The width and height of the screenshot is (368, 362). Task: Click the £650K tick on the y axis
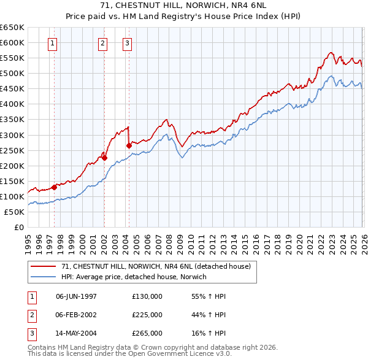click(12, 28)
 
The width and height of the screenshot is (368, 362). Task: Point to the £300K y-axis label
click(12, 135)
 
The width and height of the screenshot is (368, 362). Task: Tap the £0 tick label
click(18, 228)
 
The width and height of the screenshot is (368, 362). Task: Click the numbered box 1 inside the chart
click(53, 43)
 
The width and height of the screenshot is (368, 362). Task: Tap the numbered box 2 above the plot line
click(102, 43)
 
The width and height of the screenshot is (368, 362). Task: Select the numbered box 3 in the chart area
click(127, 43)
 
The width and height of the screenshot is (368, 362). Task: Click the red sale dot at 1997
click(54, 187)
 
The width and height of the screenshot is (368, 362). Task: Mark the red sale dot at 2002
click(104, 158)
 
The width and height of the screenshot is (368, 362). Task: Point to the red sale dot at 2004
click(129, 145)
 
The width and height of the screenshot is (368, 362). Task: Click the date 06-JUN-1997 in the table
click(76, 296)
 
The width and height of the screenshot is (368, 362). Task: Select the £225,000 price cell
click(147, 315)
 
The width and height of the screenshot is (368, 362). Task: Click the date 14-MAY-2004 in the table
click(76, 333)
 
